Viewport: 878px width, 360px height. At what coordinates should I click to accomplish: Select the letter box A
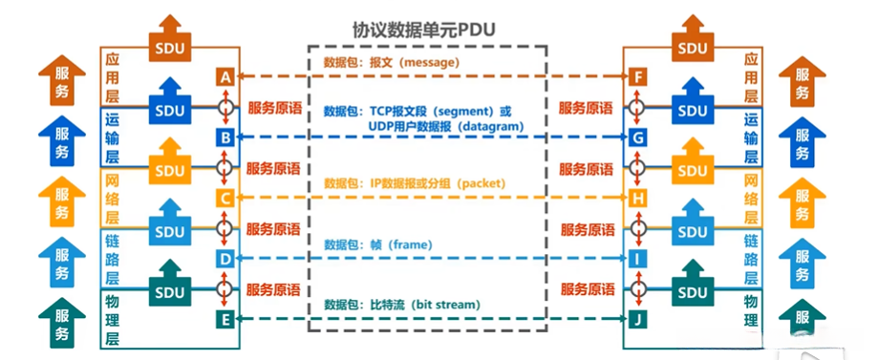(225, 76)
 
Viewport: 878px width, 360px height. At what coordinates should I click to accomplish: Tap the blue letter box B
(225, 138)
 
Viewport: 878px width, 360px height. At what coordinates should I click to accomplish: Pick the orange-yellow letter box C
(225, 199)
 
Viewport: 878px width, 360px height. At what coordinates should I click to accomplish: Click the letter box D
(225, 258)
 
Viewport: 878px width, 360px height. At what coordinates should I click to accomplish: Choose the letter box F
(637, 76)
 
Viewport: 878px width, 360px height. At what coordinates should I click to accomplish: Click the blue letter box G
(637, 138)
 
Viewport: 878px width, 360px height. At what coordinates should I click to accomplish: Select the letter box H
(637, 199)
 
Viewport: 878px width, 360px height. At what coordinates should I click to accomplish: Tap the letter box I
(637, 258)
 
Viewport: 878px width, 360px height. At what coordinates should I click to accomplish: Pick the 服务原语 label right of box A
(275, 108)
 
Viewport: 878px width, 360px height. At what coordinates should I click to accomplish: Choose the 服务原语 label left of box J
(587, 289)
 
